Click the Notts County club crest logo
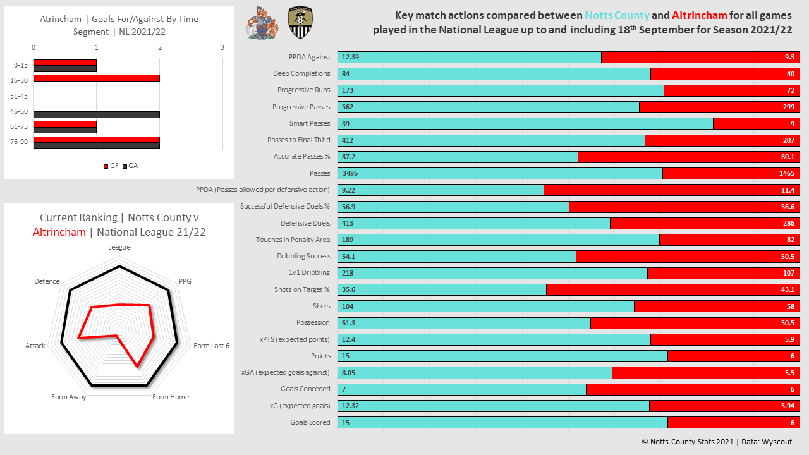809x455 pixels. click(300, 23)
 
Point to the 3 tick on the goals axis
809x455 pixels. click(222, 47)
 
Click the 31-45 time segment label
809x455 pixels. click(19, 96)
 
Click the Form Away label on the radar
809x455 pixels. click(69, 397)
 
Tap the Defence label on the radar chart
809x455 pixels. click(47, 281)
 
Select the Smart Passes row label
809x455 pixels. click(310, 123)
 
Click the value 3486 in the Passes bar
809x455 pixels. click(351, 173)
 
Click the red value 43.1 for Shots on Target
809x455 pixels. click(788, 289)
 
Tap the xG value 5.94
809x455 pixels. click(788, 406)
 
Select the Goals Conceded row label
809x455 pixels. click(305, 389)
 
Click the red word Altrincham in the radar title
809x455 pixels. click(59, 232)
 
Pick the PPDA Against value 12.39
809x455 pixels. click(350, 57)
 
